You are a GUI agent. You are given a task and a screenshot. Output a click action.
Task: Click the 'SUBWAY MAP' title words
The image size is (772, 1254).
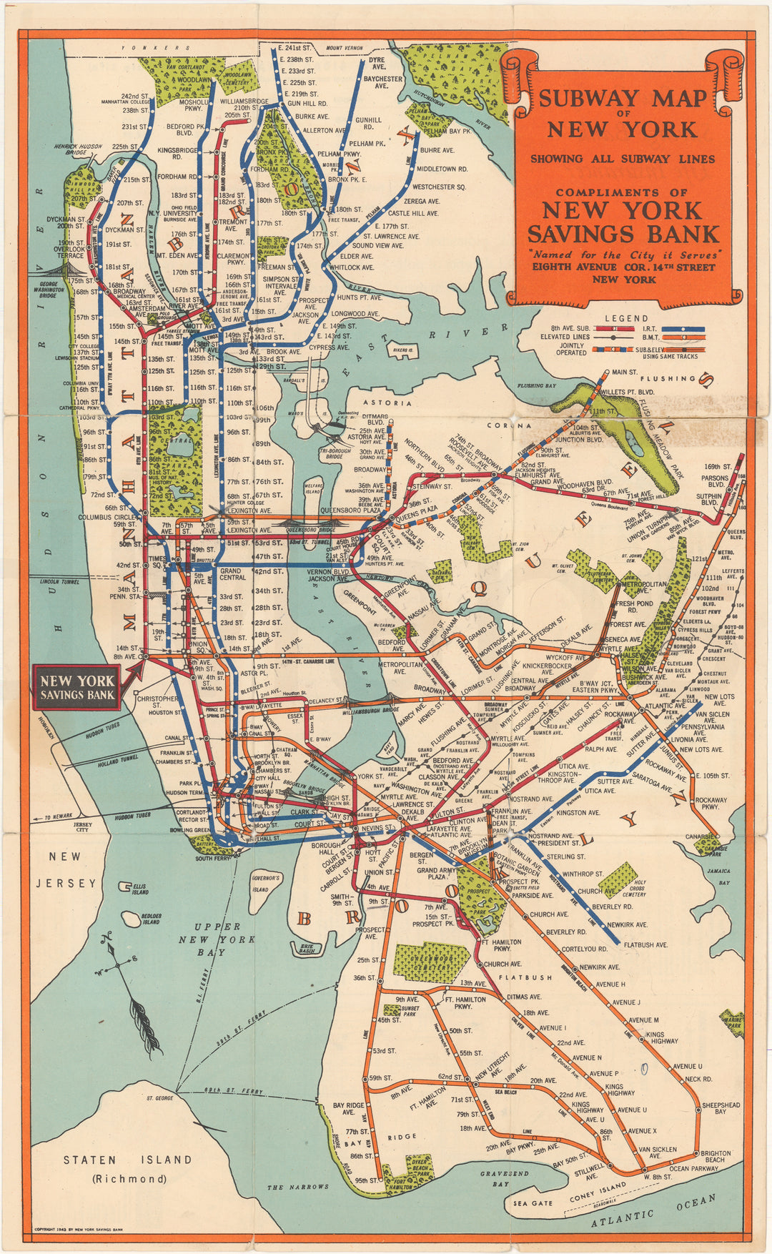(622, 98)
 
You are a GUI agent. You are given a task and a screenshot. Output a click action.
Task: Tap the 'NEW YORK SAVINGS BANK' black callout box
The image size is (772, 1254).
(78, 687)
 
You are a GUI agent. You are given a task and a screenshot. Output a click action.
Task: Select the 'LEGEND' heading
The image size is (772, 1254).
(626, 319)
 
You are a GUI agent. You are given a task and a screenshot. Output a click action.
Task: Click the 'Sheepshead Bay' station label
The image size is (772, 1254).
(721, 1107)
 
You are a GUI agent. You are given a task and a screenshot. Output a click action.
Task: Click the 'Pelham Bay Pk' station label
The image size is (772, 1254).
(446, 132)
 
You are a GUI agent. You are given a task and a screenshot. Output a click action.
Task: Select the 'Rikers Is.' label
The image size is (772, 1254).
(402, 350)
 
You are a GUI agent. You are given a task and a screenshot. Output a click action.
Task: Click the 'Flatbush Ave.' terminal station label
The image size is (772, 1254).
(645, 944)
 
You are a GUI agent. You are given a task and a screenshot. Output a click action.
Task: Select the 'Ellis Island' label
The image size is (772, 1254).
(140, 889)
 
